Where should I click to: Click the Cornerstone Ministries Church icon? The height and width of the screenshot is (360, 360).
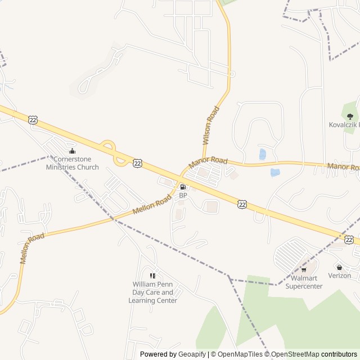[72, 151]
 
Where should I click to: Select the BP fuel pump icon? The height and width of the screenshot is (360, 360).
[182, 187]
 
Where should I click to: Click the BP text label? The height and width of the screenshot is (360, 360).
[183, 195]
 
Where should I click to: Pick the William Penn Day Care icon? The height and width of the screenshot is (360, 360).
[152, 276]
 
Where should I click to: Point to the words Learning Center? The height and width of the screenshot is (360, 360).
[152, 300]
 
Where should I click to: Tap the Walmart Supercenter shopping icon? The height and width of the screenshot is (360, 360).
[304, 269]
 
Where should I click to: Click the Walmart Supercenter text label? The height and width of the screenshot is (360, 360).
[304, 282]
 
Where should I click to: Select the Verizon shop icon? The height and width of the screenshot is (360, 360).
[339, 267]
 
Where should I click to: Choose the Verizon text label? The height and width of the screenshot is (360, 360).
[339, 276]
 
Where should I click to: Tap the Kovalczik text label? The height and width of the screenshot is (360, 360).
[344, 124]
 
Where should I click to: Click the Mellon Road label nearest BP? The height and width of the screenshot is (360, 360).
[152, 205]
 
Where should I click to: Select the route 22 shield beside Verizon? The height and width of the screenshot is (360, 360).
[349, 240]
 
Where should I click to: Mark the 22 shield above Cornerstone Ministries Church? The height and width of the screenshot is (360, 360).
[33, 119]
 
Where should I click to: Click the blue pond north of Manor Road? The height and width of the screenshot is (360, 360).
[263, 154]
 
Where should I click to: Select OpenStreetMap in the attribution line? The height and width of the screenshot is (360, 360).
[295, 354]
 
